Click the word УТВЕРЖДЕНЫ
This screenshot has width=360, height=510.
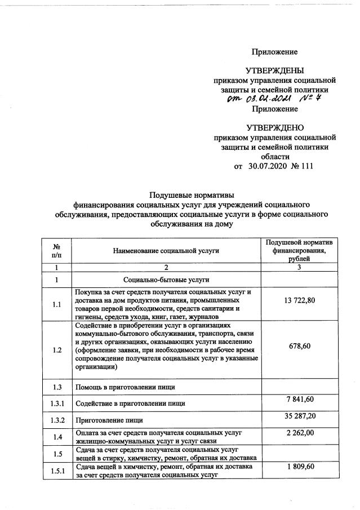point(274,70)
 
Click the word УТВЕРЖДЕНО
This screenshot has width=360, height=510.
point(274,128)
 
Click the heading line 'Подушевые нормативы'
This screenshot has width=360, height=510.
point(191,195)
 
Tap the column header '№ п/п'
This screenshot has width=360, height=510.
point(56,250)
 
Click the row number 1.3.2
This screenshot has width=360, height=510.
point(56,420)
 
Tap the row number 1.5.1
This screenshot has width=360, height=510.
point(56,471)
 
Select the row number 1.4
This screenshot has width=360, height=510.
point(56,437)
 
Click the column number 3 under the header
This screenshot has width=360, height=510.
point(299,267)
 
